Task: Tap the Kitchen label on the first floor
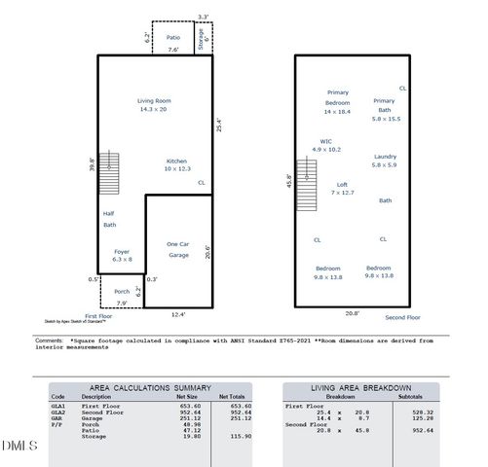pos(175,161)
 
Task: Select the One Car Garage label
pos(178,248)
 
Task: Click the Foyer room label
pos(122,252)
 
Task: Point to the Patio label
pos(172,38)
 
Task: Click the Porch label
pos(122,291)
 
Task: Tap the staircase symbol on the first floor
pos(110,172)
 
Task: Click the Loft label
pos(342,184)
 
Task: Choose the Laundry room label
pos(385,157)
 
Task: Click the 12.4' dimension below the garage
pos(178,314)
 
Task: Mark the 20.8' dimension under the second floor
pos(353,313)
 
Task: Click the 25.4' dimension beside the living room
pos(219,125)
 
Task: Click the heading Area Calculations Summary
pos(150,387)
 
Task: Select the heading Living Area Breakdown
pos(360,387)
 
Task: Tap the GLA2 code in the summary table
pos(58,413)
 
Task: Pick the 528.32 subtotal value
pos(423,413)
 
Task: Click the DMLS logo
pos(19,446)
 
